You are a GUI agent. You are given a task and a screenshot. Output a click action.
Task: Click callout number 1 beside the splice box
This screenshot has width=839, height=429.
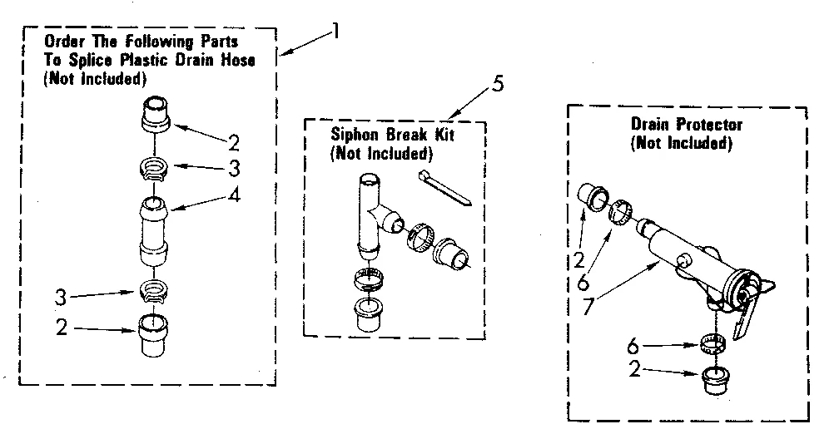click(335, 34)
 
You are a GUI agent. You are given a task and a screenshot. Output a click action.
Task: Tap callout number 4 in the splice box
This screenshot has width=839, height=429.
click(236, 196)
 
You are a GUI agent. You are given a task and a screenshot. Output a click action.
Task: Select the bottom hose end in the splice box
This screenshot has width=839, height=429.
click(155, 334)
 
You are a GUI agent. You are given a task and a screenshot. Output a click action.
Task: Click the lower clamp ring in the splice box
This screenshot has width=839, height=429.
click(154, 291)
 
